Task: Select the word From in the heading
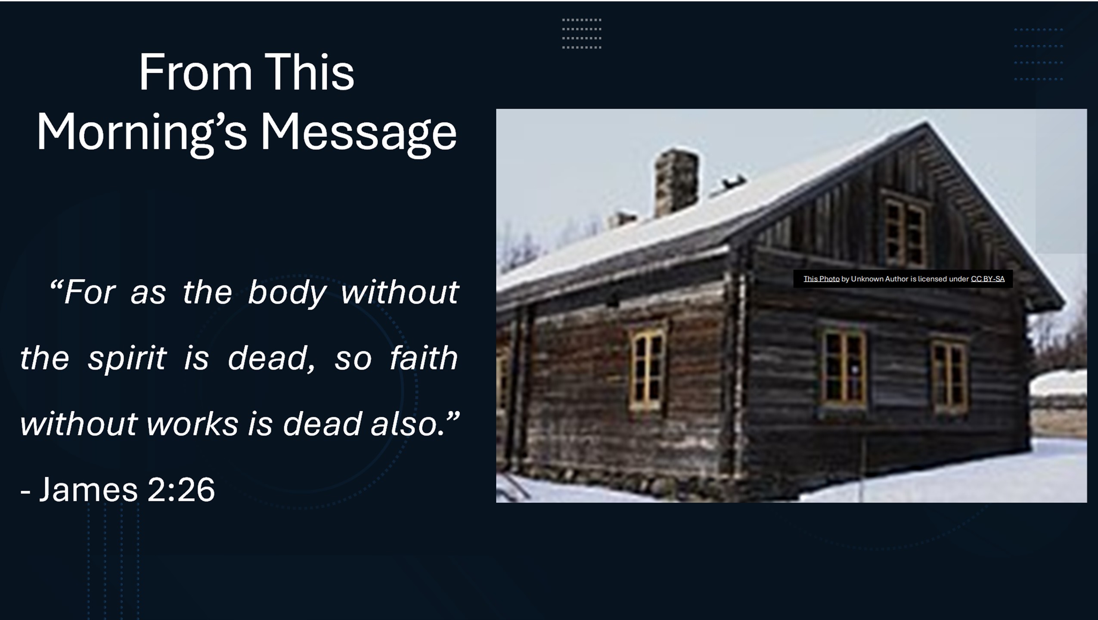pyautogui.click(x=195, y=72)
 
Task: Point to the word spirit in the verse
pyautogui.click(x=127, y=359)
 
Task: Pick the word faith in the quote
pyautogui.click(x=423, y=357)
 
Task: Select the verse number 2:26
pyautogui.click(x=181, y=490)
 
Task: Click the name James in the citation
pyautogui.click(x=88, y=490)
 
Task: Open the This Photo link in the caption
pyautogui.click(x=821, y=279)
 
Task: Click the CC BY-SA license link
pyautogui.click(x=987, y=279)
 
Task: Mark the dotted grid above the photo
pyautogui.click(x=581, y=34)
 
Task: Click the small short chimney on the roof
pyautogui.click(x=622, y=220)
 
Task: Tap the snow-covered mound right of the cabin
pyautogui.click(x=1058, y=383)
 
